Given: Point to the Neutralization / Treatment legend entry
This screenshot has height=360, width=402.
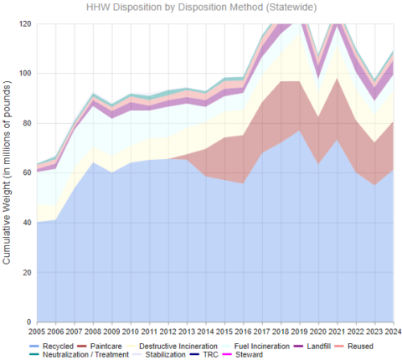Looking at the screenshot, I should (72, 354).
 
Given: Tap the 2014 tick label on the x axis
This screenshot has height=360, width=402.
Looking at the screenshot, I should (205, 332).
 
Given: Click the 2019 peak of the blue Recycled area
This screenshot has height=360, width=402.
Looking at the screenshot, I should (299, 131).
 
